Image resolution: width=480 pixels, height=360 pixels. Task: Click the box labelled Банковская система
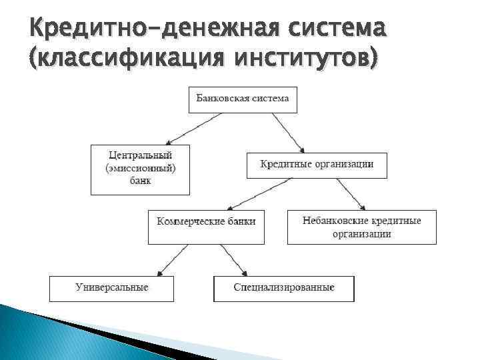tap(243, 99)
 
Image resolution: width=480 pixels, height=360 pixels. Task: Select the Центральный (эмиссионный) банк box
tap(140, 169)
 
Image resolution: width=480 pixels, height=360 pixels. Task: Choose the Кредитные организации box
tap(316, 165)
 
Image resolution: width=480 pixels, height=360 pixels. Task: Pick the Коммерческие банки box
tap(206, 227)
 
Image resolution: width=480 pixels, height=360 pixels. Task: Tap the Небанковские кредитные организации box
tap(361, 227)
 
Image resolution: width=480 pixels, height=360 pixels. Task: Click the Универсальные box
tap(111, 288)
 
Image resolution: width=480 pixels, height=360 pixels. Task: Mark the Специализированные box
tap(283, 288)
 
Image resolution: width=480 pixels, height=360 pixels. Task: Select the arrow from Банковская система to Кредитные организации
tap(288, 133)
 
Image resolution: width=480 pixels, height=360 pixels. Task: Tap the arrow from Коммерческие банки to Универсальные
tap(172, 259)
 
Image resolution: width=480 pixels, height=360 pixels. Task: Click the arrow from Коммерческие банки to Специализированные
tap(233, 259)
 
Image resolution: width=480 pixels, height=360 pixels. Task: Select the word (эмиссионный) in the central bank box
tap(140, 169)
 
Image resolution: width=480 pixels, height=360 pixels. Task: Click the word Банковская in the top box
tap(222, 99)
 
